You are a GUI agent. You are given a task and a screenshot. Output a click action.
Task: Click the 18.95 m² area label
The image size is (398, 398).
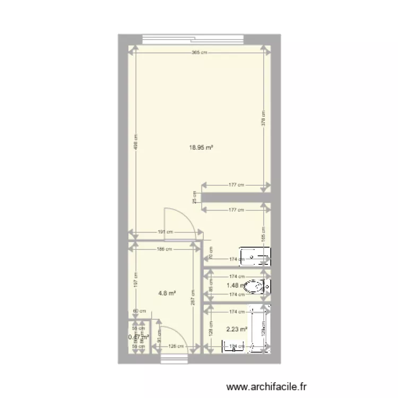201,149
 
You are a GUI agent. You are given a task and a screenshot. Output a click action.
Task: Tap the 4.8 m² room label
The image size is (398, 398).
168,292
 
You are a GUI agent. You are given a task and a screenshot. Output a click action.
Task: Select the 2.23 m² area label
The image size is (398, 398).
237,329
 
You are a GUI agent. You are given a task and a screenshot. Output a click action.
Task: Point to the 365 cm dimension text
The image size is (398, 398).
200,52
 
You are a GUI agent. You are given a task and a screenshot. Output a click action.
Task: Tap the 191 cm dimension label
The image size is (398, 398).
166,232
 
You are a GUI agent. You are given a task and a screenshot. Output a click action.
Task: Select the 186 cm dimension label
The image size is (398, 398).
166,249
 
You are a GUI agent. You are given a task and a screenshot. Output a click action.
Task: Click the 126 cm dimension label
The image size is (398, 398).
176,347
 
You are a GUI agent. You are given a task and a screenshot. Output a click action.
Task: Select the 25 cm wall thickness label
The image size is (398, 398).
195,198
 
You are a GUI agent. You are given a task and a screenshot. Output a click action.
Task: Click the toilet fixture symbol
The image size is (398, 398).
257,287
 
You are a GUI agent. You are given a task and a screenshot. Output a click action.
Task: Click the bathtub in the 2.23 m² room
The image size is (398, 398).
259,330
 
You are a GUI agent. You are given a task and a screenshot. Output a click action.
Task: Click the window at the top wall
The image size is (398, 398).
194,38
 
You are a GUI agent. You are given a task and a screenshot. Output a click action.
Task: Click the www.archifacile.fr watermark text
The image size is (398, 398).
266,388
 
